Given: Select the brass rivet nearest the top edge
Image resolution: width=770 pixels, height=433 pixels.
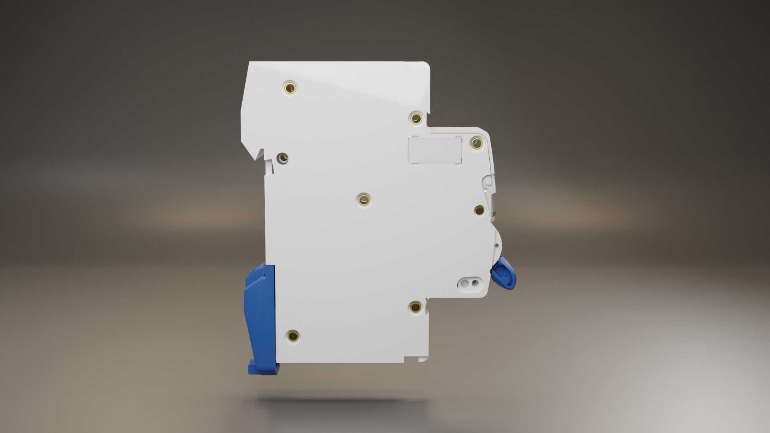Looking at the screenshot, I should click(x=290, y=87).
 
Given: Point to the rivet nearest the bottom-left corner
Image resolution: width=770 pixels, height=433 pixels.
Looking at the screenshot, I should click(x=293, y=334).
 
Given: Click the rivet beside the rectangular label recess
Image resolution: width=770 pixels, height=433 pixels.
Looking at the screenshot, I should click(x=476, y=143).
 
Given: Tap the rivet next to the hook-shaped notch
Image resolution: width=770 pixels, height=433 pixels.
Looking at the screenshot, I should click(x=283, y=158).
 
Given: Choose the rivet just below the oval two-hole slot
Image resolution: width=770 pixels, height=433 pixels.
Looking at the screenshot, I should click(x=415, y=308).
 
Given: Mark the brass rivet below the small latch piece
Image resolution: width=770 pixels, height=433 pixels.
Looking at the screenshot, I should click(x=479, y=210).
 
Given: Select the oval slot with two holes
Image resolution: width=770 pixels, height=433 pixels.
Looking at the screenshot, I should click(x=470, y=283).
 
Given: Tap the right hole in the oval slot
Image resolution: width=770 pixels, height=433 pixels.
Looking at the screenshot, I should click(x=476, y=283).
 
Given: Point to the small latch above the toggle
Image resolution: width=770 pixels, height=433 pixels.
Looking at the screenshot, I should click(x=488, y=182).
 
